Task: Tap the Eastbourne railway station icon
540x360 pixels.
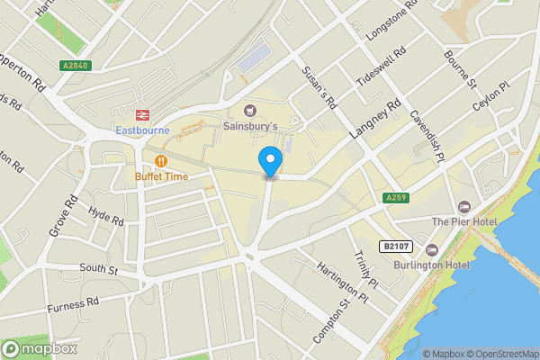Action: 141,114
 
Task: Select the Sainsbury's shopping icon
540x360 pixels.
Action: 238,110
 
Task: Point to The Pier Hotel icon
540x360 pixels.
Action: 463,207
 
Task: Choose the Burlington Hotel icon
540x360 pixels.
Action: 431,249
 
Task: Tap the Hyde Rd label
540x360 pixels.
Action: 106,215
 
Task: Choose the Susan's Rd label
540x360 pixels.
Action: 319,86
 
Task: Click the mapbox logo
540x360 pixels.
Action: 40,348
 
